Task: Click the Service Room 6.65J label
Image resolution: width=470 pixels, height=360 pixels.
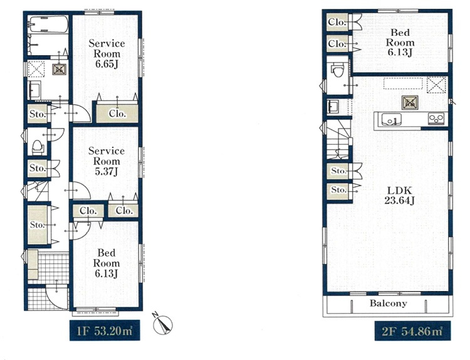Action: point(107,53)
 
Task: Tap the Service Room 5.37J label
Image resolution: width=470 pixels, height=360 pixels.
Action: point(107,161)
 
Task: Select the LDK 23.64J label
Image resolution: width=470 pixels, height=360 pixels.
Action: point(399,195)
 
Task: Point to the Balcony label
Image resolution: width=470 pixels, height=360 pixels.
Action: point(388,303)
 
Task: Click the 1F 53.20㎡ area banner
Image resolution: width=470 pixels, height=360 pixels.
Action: point(105,331)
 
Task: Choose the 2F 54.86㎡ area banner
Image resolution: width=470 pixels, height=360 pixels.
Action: point(412,331)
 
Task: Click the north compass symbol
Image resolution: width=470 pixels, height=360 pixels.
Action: point(163,324)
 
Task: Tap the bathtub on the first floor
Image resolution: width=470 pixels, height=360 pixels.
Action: point(48,24)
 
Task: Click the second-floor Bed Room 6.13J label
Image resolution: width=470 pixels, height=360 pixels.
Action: point(400,42)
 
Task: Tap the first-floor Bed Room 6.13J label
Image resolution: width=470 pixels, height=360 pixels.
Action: point(107,263)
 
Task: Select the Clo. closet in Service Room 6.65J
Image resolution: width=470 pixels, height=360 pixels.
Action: point(117,114)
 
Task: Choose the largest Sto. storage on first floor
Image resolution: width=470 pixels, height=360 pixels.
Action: point(38,225)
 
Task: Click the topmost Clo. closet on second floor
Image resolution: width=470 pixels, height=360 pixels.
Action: point(337,22)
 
